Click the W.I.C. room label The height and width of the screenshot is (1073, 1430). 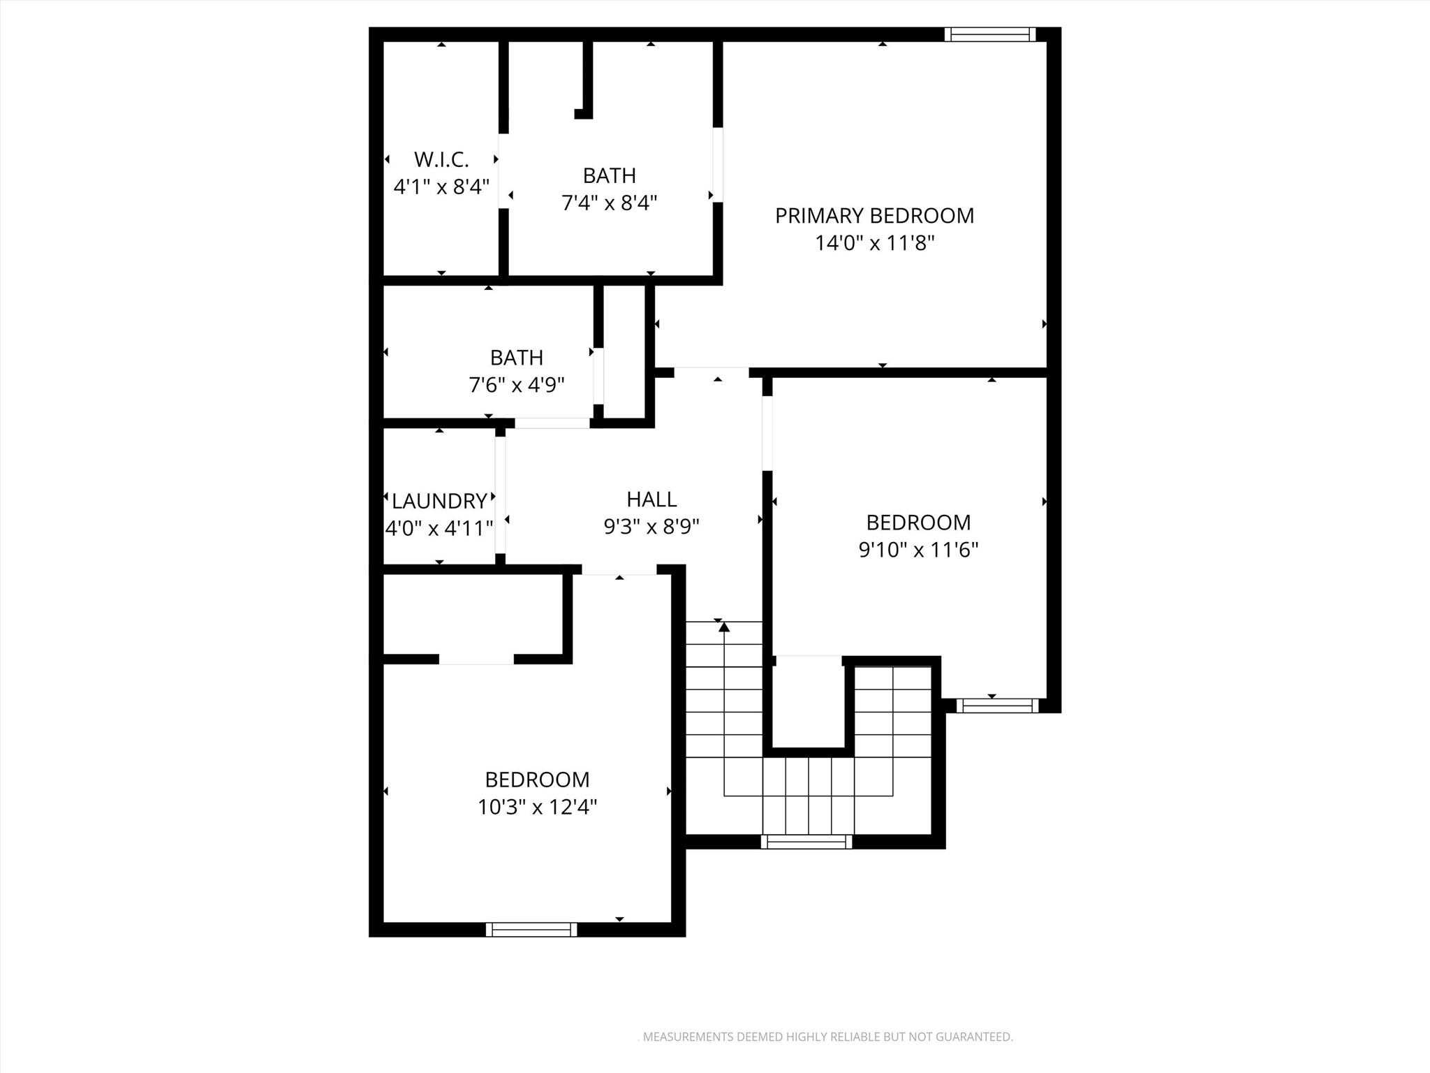coord(441,160)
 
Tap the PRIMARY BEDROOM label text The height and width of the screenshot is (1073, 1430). coord(874,216)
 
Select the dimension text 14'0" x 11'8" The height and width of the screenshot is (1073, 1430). coord(874,244)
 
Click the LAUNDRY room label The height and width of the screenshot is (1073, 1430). coord(439,501)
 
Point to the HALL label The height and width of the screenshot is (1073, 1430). coord(651,499)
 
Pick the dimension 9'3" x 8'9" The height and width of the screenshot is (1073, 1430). coord(651,527)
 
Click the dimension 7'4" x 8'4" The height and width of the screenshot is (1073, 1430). coord(610,203)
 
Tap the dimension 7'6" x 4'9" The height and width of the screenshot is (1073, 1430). coord(517,385)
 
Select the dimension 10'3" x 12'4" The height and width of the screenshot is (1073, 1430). coord(537,808)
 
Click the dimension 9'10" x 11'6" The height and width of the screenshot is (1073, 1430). coord(918,550)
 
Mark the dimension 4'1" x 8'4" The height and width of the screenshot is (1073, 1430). coord(441,187)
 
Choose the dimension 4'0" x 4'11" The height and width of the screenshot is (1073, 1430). coord(439,529)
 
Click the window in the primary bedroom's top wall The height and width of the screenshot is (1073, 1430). coord(990,34)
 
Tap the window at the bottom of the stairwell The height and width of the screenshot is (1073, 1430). coord(806,842)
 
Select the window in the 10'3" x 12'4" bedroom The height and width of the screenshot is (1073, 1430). coord(531,929)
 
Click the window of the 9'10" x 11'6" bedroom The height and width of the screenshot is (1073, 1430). coord(997,706)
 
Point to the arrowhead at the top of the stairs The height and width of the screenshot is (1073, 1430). coord(724,627)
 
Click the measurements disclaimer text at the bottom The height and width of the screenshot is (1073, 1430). coord(827,1037)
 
